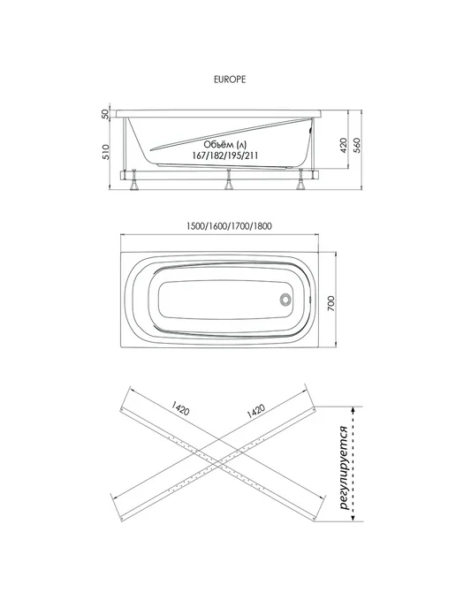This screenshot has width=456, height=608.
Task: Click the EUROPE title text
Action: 230,80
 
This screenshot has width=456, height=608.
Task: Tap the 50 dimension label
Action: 105,114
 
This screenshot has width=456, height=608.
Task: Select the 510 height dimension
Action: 105,151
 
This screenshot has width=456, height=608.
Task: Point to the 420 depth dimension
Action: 344,146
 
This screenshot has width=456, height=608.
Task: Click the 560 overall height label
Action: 357,146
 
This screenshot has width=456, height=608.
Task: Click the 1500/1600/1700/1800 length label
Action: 229,226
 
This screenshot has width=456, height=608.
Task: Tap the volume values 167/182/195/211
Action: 225,156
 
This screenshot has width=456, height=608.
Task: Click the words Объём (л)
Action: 224,145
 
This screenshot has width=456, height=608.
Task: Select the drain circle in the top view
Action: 285,300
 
